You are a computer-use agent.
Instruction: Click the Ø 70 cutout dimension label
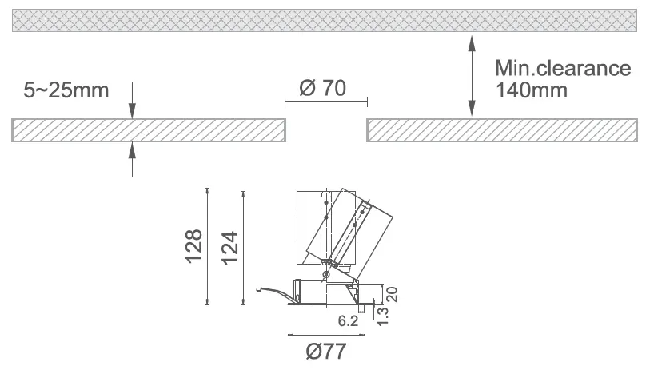pyautogui.click(x=322, y=88)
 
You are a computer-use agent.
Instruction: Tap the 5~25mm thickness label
pyautogui.click(x=66, y=90)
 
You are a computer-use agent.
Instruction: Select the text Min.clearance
pyautogui.click(x=563, y=68)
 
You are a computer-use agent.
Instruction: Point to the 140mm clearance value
pyautogui.click(x=532, y=90)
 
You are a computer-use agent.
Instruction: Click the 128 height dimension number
pyautogui.click(x=193, y=246)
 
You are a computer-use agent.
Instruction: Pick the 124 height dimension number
pyautogui.click(x=229, y=248)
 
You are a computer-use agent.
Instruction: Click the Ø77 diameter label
pyautogui.click(x=326, y=352)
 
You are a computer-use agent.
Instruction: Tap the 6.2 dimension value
pyautogui.click(x=348, y=320)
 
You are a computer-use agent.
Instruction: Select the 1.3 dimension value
pyautogui.click(x=383, y=316)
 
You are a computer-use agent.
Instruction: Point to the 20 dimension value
pyautogui.click(x=392, y=294)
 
